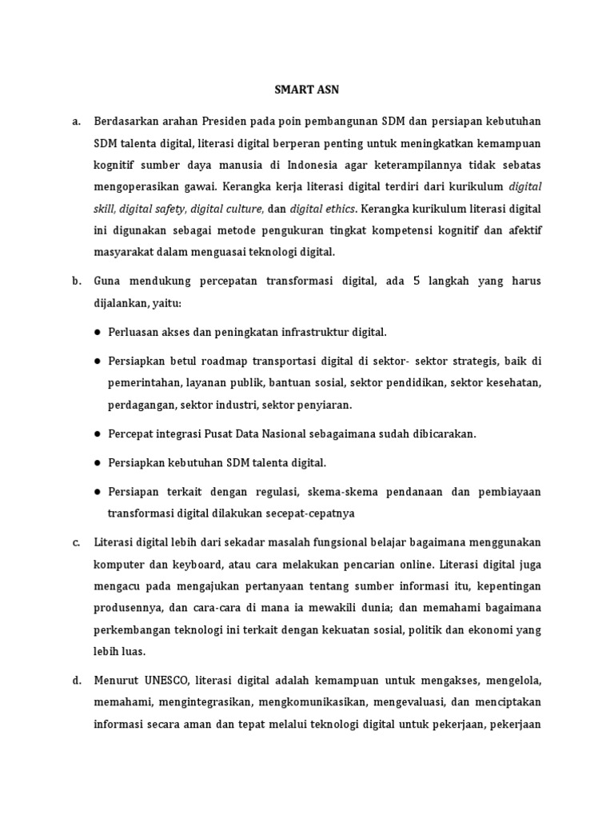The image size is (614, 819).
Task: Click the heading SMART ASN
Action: tap(306, 90)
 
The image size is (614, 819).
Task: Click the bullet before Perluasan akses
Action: tap(97, 331)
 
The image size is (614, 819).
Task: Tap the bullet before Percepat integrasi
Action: tap(97, 433)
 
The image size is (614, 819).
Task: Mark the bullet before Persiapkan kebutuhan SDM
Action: tap(97, 462)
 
